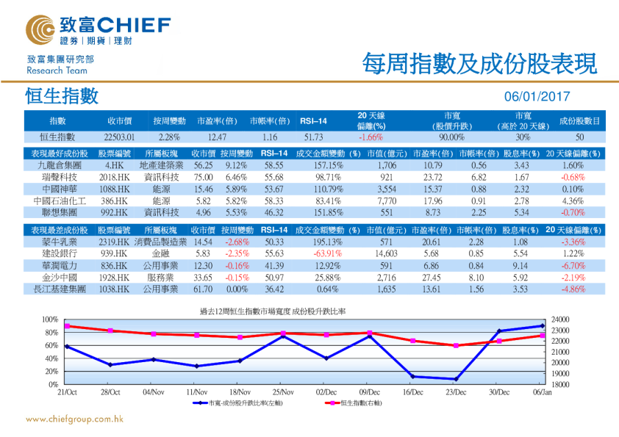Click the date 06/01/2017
tap(537, 97)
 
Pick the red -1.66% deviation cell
tap(371, 137)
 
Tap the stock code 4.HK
tap(114, 166)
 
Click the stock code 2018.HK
tap(114, 177)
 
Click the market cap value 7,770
tap(387, 200)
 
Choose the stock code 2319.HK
tap(114, 242)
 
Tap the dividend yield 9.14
tap(520, 265)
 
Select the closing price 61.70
tap(203, 289)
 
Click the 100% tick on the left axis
tap(49, 319)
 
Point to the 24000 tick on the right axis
tap(561, 319)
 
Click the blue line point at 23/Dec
tap(456, 379)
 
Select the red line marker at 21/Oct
tap(67, 326)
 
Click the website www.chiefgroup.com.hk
tap(74, 419)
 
